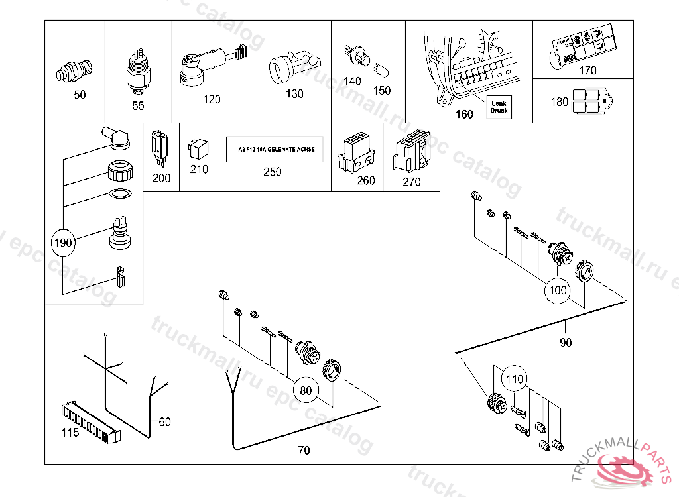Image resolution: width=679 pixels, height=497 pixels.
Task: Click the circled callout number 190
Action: point(63,243)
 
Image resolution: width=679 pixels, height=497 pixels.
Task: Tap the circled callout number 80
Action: point(306,390)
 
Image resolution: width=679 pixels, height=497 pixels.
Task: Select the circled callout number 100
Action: point(559,290)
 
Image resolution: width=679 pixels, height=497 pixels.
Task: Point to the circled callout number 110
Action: point(515,380)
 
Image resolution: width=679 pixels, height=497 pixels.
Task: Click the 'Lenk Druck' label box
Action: point(499,106)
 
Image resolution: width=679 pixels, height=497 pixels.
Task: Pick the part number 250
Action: point(272,172)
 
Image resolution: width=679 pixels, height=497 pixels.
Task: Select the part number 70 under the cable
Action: point(304,451)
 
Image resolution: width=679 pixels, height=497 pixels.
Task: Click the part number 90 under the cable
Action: point(566,343)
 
